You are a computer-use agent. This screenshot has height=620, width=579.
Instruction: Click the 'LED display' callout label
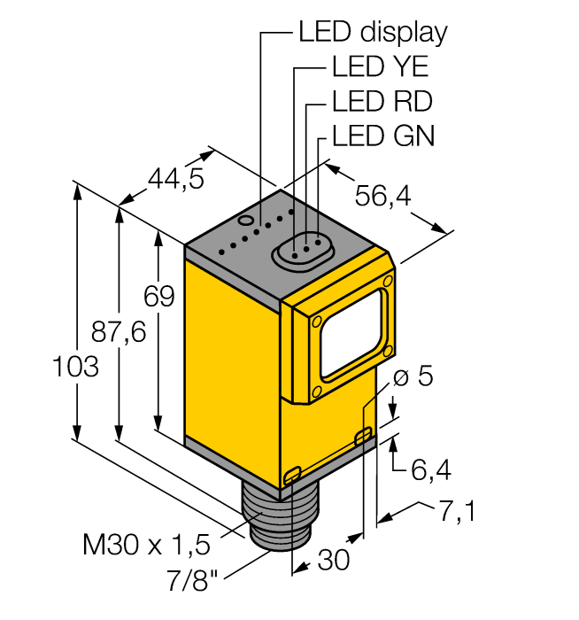click(x=373, y=33)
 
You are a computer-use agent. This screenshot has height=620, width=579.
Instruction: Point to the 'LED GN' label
click(x=383, y=136)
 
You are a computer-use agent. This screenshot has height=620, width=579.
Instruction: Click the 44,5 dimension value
click(x=175, y=180)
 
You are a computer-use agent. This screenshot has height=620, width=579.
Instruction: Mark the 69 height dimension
click(x=160, y=297)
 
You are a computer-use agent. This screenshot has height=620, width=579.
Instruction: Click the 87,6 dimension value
click(x=119, y=332)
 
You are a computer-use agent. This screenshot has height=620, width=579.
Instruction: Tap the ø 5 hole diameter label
click(x=413, y=376)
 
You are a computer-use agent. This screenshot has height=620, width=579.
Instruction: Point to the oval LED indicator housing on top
click(x=301, y=249)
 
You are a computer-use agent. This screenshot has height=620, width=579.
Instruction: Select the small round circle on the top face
click(x=249, y=218)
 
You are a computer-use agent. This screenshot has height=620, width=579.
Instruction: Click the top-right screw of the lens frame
click(x=388, y=281)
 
